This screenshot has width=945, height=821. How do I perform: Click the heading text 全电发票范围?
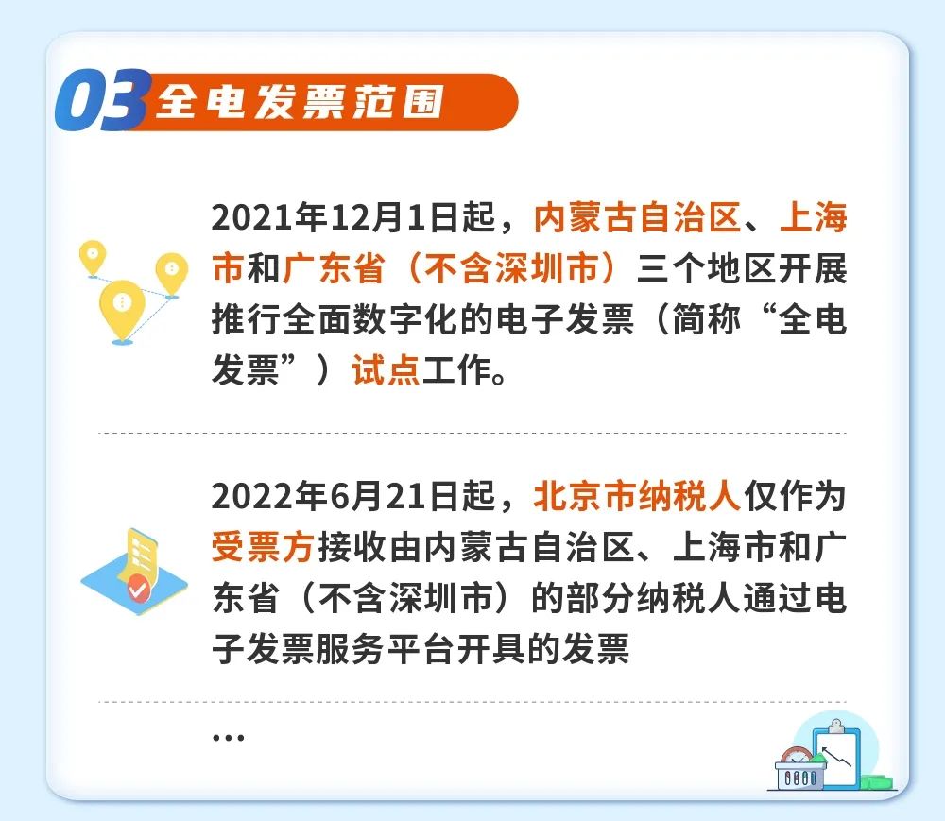(x=301, y=101)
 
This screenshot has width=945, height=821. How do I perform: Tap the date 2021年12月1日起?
(x=353, y=217)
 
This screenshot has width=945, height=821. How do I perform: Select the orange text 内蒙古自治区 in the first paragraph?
(x=637, y=217)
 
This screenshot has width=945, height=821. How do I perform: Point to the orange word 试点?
(x=386, y=369)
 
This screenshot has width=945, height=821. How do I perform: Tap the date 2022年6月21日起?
(x=353, y=496)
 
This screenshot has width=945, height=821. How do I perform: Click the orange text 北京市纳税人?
(x=637, y=496)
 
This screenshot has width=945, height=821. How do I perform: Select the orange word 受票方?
(x=263, y=547)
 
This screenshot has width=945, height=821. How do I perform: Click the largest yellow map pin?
(x=122, y=308)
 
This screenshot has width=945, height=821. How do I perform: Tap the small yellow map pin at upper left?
(x=93, y=256)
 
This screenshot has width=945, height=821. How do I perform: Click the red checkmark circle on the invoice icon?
(x=138, y=587)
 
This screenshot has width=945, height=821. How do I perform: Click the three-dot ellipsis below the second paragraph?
(x=229, y=737)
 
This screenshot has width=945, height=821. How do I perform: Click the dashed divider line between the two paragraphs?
(x=472, y=433)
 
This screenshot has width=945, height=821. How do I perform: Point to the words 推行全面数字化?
(x=332, y=318)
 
